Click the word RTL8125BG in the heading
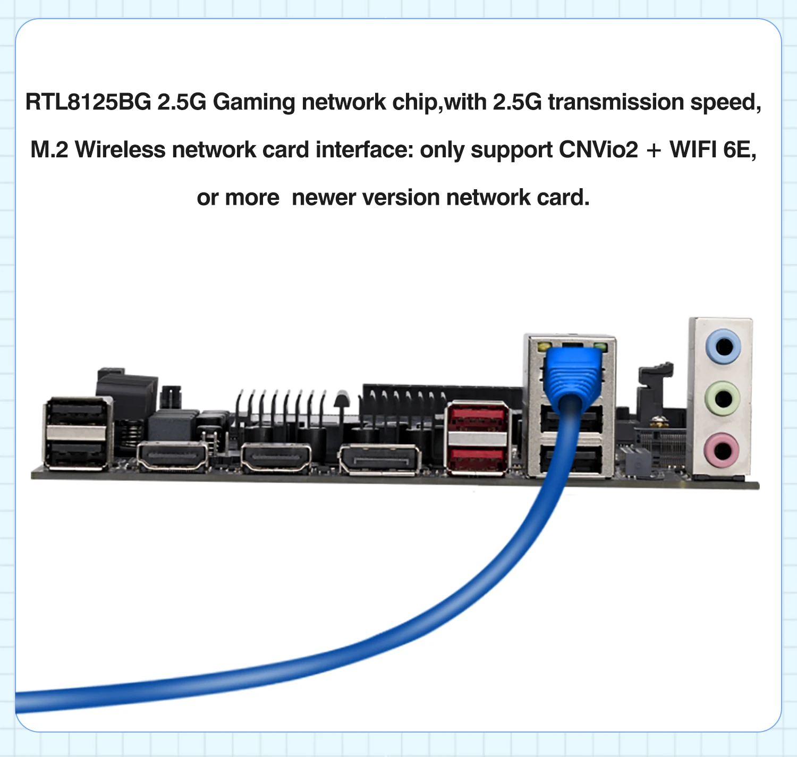pyautogui.click(x=88, y=102)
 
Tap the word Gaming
pyautogui.click(x=253, y=102)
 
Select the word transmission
pyautogui.click(x=616, y=102)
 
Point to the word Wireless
pyautogui.click(x=120, y=150)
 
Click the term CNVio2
pyautogui.click(x=598, y=150)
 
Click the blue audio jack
pyautogui.click(x=723, y=347)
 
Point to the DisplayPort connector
pyautogui.click(x=379, y=459)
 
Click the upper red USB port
pyautogui.click(x=477, y=419)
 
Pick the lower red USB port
pyautogui.click(x=477, y=458)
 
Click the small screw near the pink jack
pyautogui.click(x=658, y=422)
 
